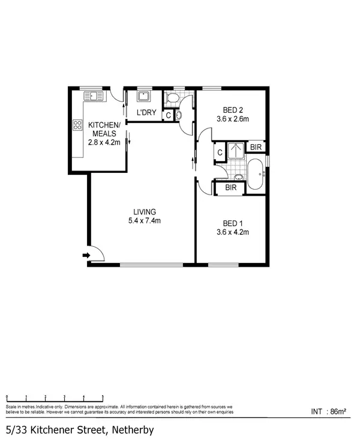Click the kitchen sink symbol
tap(93, 95)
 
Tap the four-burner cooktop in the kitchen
tap(77, 126)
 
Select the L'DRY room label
tap(146, 113)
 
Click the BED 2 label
tap(232, 110)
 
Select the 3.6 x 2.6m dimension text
tap(232, 119)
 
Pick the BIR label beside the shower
tap(256, 147)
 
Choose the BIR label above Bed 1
tap(230, 187)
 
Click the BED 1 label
tap(232, 223)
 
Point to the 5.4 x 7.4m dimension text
tap(145, 220)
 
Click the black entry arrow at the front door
tap(86, 256)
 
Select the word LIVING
tap(145, 211)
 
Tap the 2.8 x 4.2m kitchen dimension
tap(104, 142)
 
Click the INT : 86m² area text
tap(329, 411)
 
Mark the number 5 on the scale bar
tap(103, 397)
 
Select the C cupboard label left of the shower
tap(220, 153)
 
